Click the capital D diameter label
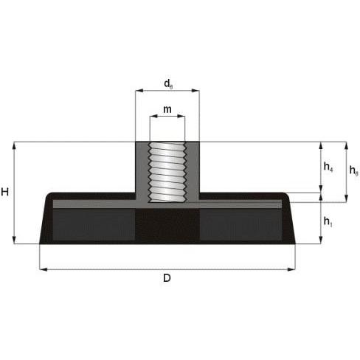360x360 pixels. click(167, 278)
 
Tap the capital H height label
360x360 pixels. click(6, 193)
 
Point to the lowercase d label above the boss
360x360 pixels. click(168, 83)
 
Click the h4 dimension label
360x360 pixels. click(328, 167)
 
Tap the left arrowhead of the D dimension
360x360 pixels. click(42, 269)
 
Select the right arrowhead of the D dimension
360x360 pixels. click(293, 269)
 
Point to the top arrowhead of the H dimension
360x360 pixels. click(14, 145)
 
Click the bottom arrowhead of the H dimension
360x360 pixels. click(14, 240)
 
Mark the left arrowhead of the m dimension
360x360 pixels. click(153, 116)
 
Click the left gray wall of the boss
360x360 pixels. click(142, 170)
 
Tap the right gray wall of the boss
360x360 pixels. click(193, 170)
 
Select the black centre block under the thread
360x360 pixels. click(167, 224)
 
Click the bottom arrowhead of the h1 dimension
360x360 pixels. click(321, 240)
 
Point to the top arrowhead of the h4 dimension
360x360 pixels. click(321, 145)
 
